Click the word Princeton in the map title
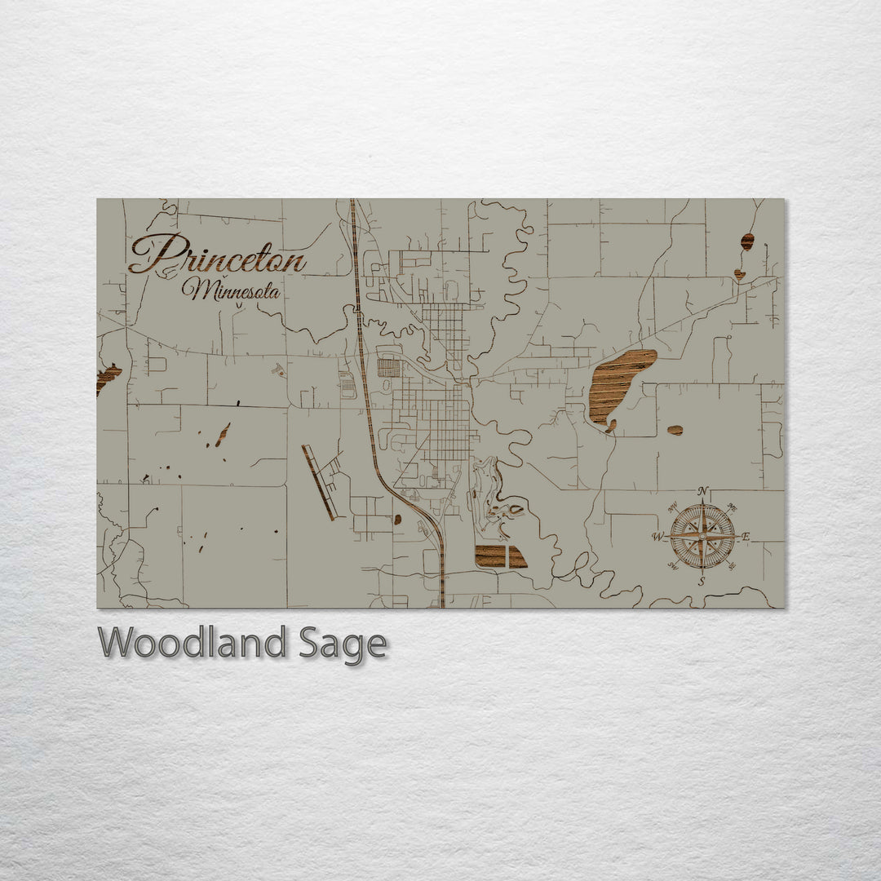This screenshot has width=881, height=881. tap(218, 255)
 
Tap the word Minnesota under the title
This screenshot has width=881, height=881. tap(231, 290)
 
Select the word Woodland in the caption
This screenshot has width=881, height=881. tap(192, 644)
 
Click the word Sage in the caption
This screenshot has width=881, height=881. tap(342, 645)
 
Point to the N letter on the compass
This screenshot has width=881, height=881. tap(702, 491)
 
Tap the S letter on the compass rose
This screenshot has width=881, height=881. tap(701, 582)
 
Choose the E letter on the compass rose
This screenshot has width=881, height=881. tap(745, 537)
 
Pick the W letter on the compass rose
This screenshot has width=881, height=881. tap(657, 537)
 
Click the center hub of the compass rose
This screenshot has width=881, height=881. tap(702, 537)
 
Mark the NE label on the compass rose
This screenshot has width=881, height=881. tap(731, 507)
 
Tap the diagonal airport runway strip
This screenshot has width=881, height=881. tap(319, 482)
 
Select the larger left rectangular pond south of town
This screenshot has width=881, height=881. tap(490, 556)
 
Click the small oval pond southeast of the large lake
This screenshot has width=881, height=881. tap(675, 430)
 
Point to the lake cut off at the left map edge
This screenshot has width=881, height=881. tap(106, 378)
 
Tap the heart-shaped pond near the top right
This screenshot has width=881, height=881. tap(739, 274)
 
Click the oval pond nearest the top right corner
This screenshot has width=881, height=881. tap(747, 241)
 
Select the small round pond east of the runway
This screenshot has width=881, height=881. tap(397, 519)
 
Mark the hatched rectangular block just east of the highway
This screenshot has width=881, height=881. tap(389, 368)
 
